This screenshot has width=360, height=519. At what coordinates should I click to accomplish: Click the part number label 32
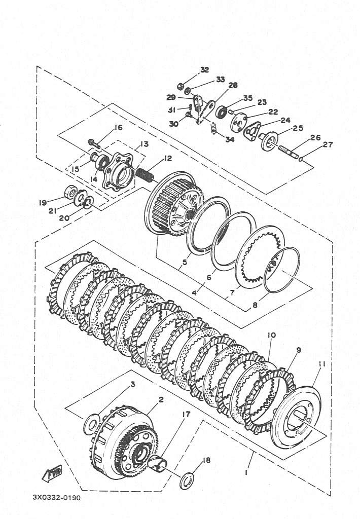pos(205,70)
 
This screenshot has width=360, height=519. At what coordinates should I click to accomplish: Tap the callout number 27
pos(328,144)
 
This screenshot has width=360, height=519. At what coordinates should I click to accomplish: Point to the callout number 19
pos(43,203)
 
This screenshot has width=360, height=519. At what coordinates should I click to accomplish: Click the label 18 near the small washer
pos(206,460)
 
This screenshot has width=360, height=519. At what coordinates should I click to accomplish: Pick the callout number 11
pos(322,364)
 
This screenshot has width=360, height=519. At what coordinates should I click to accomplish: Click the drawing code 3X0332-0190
pos(57,498)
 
